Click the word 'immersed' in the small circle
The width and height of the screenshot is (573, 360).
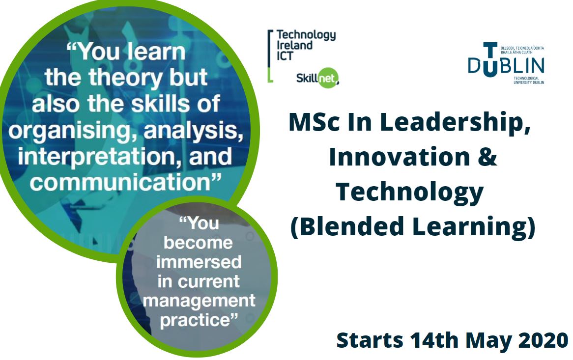pyautogui.click(x=199, y=262)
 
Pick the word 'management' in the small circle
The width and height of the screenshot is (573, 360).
pyautogui.click(x=199, y=301)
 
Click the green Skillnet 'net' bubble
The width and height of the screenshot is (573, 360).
pyautogui.click(x=328, y=78)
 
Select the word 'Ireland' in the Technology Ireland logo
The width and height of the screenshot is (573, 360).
pyautogui.click(x=294, y=45)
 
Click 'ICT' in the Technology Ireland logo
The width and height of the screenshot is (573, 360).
pyautogui.click(x=285, y=56)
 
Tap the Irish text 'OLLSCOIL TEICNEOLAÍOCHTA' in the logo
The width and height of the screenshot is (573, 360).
pyautogui.click(x=522, y=48)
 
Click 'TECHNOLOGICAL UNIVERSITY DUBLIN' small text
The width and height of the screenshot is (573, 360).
pyautogui.click(x=529, y=81)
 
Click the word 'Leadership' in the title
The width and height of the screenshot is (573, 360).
pyautogui.click(x=455, y=123)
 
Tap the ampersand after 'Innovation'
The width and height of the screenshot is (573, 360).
pyautogui.click(x=487, y=157)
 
